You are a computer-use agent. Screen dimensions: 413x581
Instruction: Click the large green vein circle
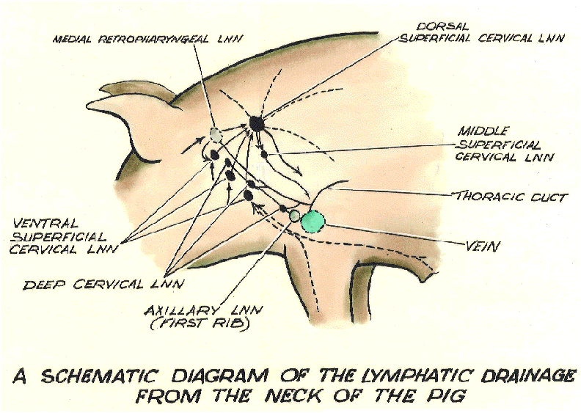click(x=313, y=220)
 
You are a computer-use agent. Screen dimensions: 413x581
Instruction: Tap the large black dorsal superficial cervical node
click(x=256, y=123)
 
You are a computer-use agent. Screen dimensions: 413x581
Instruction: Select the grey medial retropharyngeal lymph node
click(x=215, y=134)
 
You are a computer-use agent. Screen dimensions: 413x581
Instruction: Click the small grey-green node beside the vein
click(x=295, y=216)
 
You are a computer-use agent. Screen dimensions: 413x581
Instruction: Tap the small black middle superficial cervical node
click(x=265, y=155)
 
